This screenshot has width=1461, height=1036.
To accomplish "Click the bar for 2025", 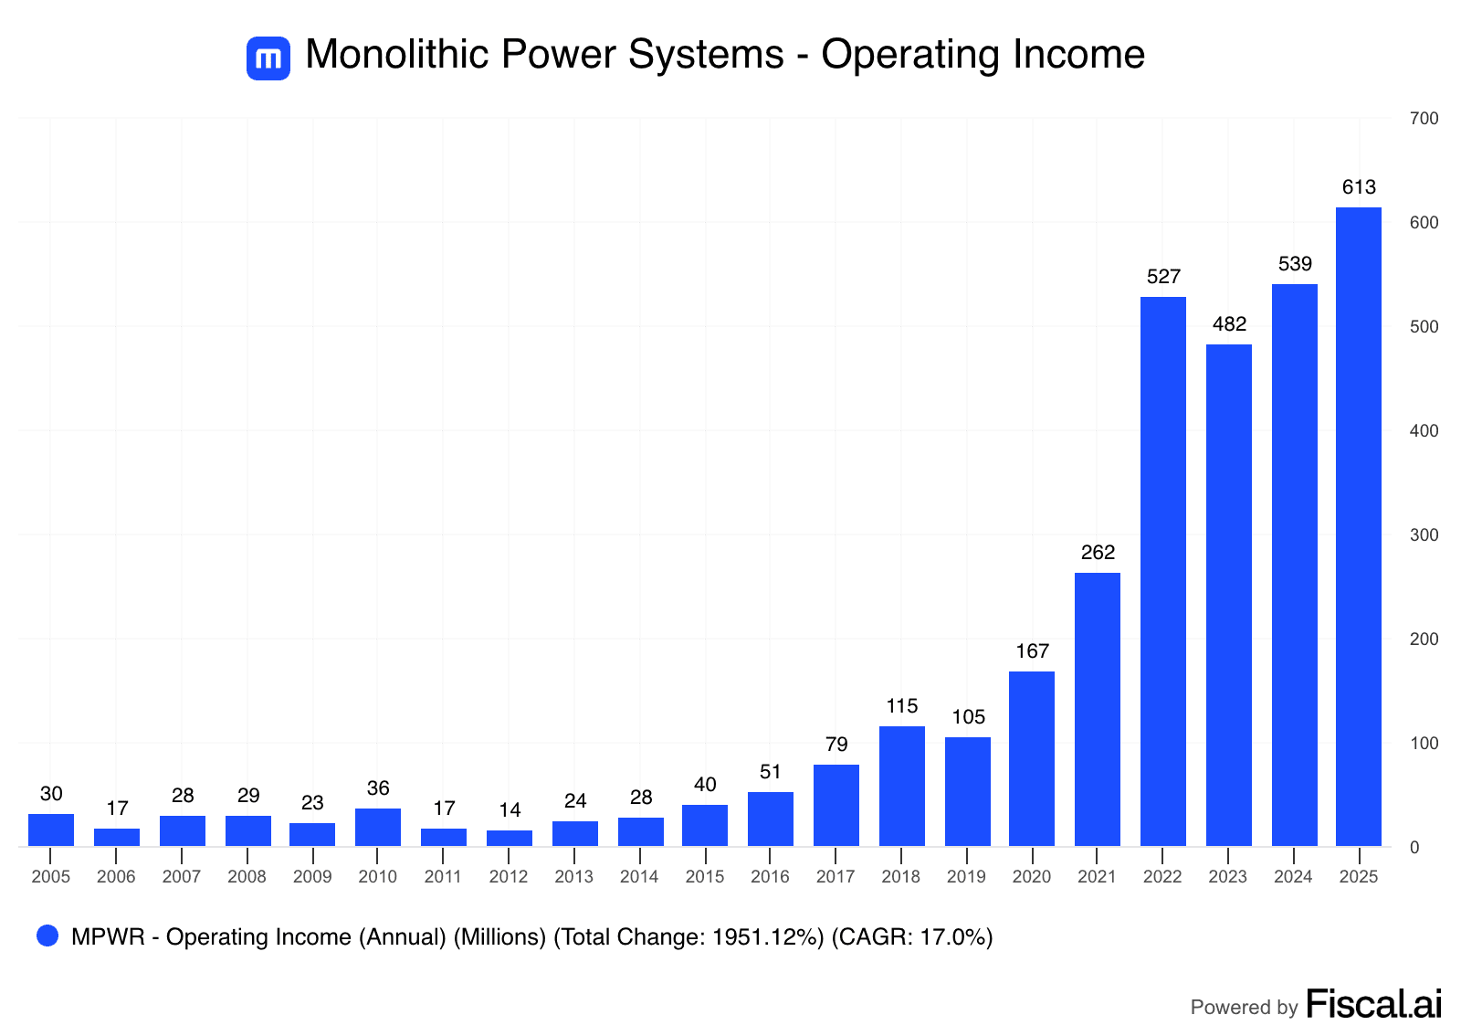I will click(x=1358, y=526).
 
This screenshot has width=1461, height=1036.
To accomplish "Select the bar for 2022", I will click(x=1162, y=571).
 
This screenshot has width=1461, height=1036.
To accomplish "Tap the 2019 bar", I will click(x=967, y=791).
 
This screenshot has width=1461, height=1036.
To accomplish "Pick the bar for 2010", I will click(x=377, y=827).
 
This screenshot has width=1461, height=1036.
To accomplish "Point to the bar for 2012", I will click(x=509, y=838).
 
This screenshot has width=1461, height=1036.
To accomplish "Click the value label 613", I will click(x=1358, y=187).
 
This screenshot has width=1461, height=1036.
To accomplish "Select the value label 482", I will click(x=1228, y=324).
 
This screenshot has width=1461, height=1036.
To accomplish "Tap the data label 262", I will click(x=1097, y=553).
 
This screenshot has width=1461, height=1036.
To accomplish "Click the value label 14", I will click(x=509, y=810).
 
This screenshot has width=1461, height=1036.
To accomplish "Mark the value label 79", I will click(x=836, y=745).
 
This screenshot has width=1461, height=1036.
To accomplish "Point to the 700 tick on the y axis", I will click(x=1424, y=119).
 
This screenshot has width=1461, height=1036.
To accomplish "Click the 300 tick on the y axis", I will click(x=1424, y=535).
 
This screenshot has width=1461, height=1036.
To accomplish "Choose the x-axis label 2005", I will click(x=50, y=877).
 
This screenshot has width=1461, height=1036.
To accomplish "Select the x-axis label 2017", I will click(x=836, y=877).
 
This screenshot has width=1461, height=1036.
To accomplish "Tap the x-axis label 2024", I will click(x=1293, y=877).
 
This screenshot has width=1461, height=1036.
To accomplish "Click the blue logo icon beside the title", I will click(x=268, y=58).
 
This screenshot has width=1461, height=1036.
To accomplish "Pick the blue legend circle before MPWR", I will click(x=47, y=936).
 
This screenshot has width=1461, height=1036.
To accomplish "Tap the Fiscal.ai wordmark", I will click(x=1374, y=1004).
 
